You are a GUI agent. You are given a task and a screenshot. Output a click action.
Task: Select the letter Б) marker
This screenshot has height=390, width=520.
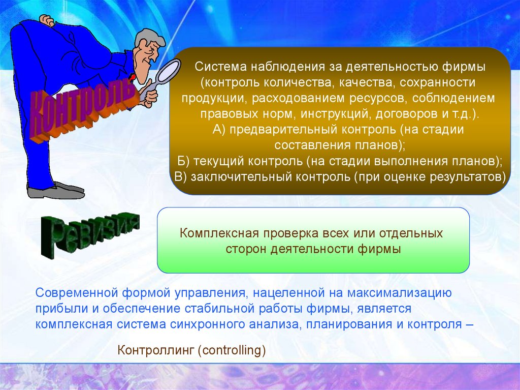pyautogui.click(x=183, y=162)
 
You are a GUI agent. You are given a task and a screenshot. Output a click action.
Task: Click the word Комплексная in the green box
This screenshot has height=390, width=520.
pyautogui.click(x=219, y=233)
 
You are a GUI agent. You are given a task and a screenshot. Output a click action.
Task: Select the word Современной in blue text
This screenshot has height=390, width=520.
pyautogui.click(x=77, y=293)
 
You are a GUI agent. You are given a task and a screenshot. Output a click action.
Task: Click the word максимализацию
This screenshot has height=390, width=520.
pyautogui.click(x=399, y=293)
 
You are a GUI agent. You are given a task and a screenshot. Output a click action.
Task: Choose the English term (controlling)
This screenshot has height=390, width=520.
pyautogui.click(x=232, y=351)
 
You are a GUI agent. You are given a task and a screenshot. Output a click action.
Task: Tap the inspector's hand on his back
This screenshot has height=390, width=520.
pyautogui.click(x=47, y=21)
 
